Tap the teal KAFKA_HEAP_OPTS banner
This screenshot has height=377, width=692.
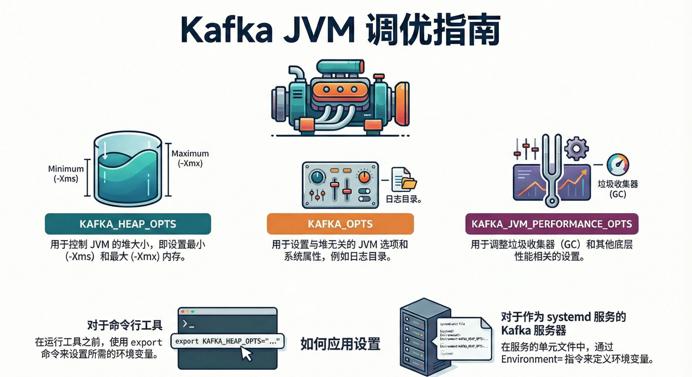128,224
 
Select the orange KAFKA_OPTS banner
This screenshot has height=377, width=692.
340,224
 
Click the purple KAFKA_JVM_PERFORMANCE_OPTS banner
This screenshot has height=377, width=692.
552,224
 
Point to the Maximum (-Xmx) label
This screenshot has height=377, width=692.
190,158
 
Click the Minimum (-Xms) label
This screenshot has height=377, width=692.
66,174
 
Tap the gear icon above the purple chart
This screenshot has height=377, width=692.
576,148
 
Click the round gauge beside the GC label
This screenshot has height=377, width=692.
618,165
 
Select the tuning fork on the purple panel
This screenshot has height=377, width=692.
551,172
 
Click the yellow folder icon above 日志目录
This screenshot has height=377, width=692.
409,184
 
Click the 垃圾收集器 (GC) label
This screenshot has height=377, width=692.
618,189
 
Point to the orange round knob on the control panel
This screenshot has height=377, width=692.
364,177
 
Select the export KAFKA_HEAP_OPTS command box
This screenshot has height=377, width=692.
227,341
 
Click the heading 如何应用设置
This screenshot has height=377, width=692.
340,344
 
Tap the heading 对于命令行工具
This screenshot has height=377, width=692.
125,326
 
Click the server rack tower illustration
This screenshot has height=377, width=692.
419,338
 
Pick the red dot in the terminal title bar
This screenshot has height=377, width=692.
183,311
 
